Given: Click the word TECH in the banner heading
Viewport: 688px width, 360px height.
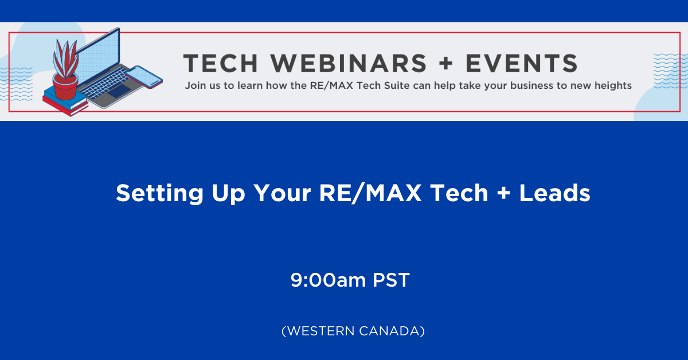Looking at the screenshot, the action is tap(220, 63).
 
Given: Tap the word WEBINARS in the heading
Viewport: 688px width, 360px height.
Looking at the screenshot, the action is tap(349, 63).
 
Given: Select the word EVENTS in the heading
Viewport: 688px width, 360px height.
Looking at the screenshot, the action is tap(522, 63).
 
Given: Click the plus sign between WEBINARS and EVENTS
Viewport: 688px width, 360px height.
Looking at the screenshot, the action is tap(446, 63).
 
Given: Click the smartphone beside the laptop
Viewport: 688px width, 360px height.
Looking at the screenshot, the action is tap(144, 77).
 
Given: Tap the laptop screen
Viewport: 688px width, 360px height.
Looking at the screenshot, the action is tap(97, 55).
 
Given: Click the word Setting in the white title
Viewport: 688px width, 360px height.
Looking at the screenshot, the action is tap(160, 193).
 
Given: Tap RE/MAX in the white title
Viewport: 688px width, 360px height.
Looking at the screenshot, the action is tap(370, 193).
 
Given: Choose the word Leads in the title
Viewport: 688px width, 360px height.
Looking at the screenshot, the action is tap(555, 193).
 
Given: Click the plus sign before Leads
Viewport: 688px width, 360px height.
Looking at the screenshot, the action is tap(504, 193).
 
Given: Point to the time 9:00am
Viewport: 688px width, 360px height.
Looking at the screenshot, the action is tap(328, 280).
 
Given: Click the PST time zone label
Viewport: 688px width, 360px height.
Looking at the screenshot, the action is tap(391, 280).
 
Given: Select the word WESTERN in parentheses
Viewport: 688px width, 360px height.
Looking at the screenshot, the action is tap(320, 331).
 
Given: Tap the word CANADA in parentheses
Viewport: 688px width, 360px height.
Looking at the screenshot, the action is tap(390, 331).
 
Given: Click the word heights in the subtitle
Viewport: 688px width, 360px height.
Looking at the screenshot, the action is tap(613, 85).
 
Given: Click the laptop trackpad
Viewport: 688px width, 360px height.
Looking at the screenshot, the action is tap(119, 91).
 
